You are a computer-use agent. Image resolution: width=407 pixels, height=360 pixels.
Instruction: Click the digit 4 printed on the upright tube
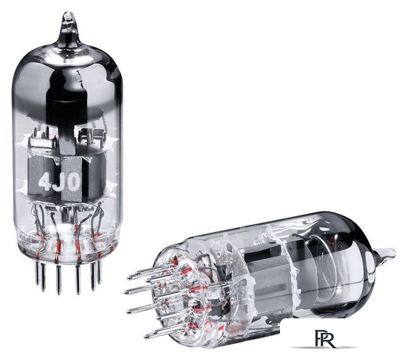pos(44,182)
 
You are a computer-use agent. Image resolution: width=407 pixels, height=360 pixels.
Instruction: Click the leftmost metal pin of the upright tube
pos(37,272)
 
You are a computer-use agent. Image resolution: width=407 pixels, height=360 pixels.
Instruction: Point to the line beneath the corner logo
pos(323,347)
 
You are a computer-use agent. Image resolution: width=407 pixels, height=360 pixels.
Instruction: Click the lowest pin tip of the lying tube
pos(146,336)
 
